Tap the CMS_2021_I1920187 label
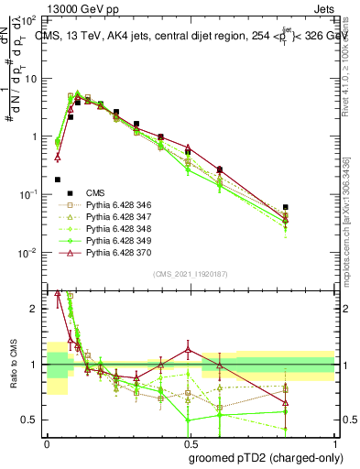pyautogui.click(x=191, y=272)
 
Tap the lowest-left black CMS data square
pyautogui.click(x=58, y=180)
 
